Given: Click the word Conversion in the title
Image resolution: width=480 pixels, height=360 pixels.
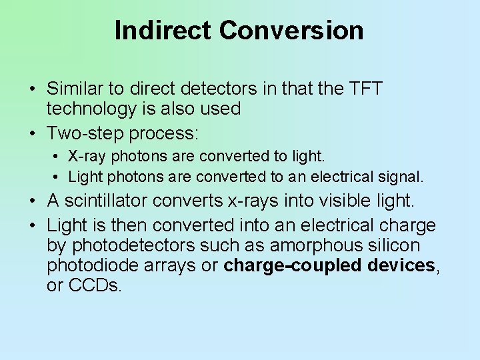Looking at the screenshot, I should tap(291, 31).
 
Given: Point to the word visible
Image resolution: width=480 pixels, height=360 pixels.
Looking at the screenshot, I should tap(343, 200).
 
